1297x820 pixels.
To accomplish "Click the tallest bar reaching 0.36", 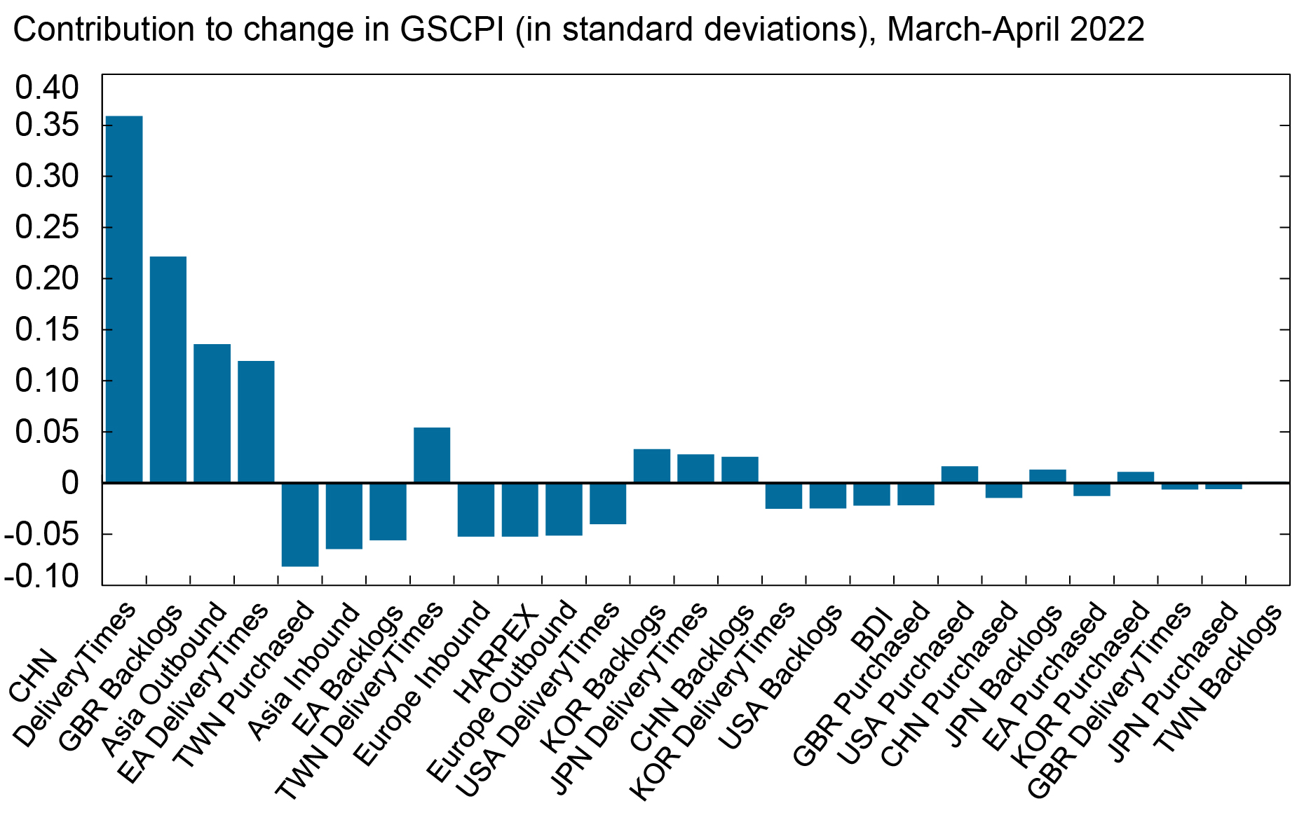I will click(x=123, y=299).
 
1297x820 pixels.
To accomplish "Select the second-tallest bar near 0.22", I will click(x=168, y=369).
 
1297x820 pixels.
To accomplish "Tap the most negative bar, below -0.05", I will click(x=300, y=524).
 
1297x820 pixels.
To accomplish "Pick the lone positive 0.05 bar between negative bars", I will click(x=432, y=455).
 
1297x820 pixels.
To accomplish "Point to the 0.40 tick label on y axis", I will click(x=48, y=88).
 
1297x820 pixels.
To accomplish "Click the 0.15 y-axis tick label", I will click(x=48, y=329).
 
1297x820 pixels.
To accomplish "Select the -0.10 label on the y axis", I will click(x=42, y=576).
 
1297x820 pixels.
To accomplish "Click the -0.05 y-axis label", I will click(x=42, y=534).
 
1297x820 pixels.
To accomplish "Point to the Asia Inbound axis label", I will click(x=304, y=671).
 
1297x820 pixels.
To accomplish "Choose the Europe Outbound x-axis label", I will click(x=502, y=690).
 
